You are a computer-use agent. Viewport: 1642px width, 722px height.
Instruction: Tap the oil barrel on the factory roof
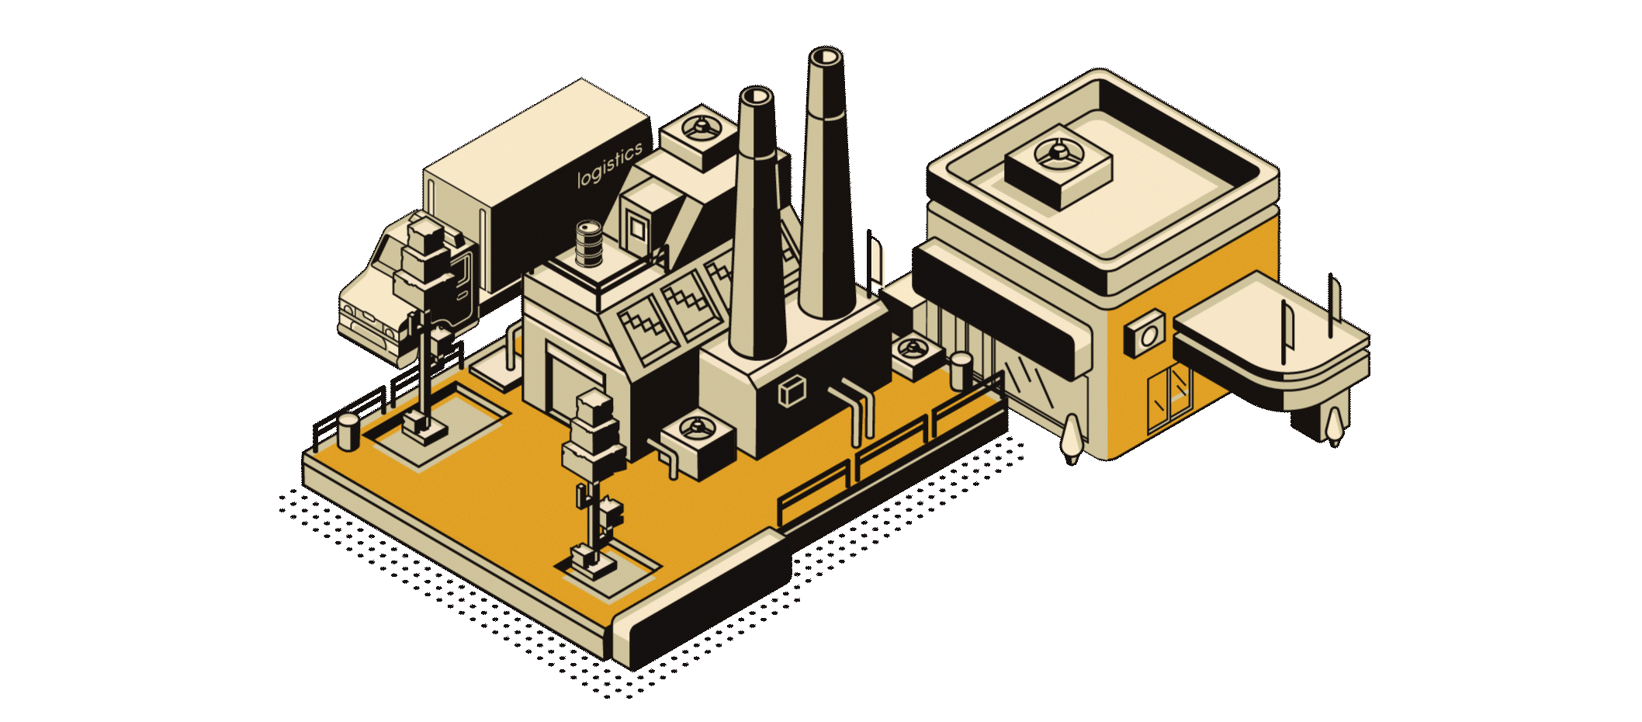[588, 243]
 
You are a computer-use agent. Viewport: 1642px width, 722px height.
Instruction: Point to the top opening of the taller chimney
[825, 57]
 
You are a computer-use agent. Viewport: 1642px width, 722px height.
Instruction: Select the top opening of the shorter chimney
[756, 96]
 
